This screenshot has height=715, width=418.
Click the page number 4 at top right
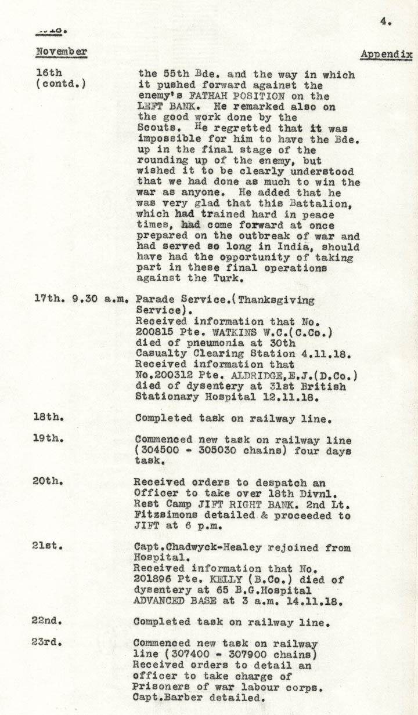coord(384,21)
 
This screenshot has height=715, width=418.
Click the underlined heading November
coord(62,52)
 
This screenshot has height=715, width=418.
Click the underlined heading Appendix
coord(387,55)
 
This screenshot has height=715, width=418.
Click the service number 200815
coord(153,332)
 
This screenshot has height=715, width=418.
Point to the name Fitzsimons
coord(162,516)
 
